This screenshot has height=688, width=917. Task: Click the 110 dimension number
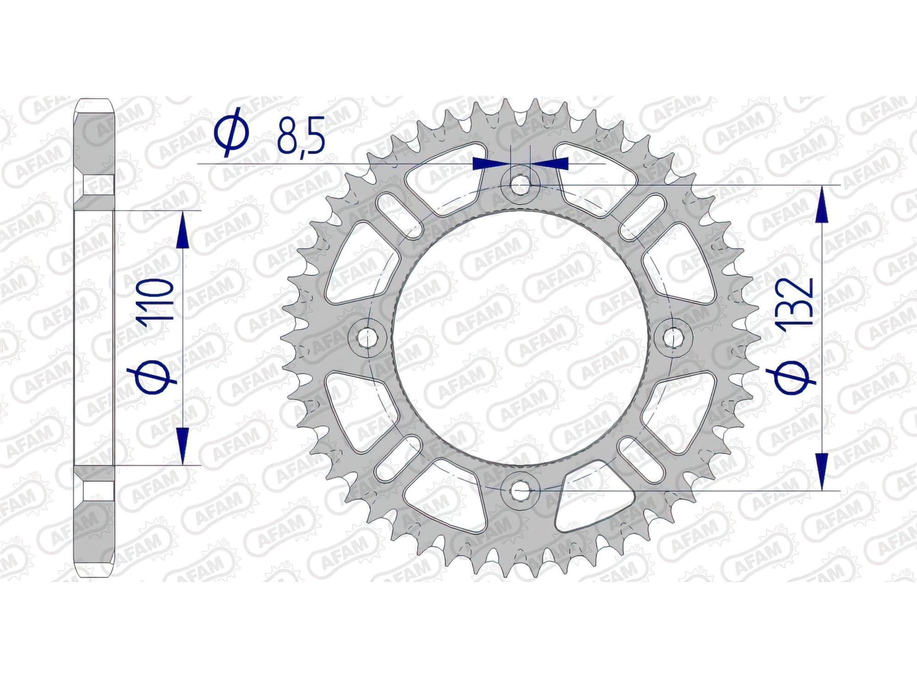click(x=157, y=305)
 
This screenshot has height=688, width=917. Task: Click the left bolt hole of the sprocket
click(x=365, y=338)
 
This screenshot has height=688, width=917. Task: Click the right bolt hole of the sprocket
click(x=672, y=338)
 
